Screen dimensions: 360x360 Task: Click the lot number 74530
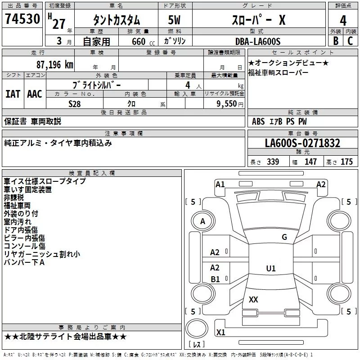[22, 18]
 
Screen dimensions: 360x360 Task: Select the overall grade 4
[343, 21]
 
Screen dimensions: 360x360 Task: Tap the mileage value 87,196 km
[54, 65]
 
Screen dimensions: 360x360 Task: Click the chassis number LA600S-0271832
[302, 143]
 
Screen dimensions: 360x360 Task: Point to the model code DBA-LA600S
[258, 41]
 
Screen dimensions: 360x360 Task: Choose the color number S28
[75, 104]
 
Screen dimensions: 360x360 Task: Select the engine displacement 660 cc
[143, 42]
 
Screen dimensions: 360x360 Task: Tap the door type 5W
[174, 20]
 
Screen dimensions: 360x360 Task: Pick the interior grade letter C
[350, 41]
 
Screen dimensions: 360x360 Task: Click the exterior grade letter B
[336, 41]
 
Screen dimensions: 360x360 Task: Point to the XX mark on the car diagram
[253, 300]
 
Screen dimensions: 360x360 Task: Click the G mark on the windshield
[284, 237]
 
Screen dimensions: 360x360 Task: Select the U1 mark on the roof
[271, 268]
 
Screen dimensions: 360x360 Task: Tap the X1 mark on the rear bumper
[220, 332]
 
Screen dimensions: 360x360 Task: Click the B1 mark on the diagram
[215, 279]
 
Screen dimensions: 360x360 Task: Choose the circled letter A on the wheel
[202, 221]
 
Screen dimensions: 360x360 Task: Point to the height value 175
[346, 162]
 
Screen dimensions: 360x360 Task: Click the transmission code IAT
[13, 94]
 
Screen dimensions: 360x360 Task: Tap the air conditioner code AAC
[35, 94]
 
